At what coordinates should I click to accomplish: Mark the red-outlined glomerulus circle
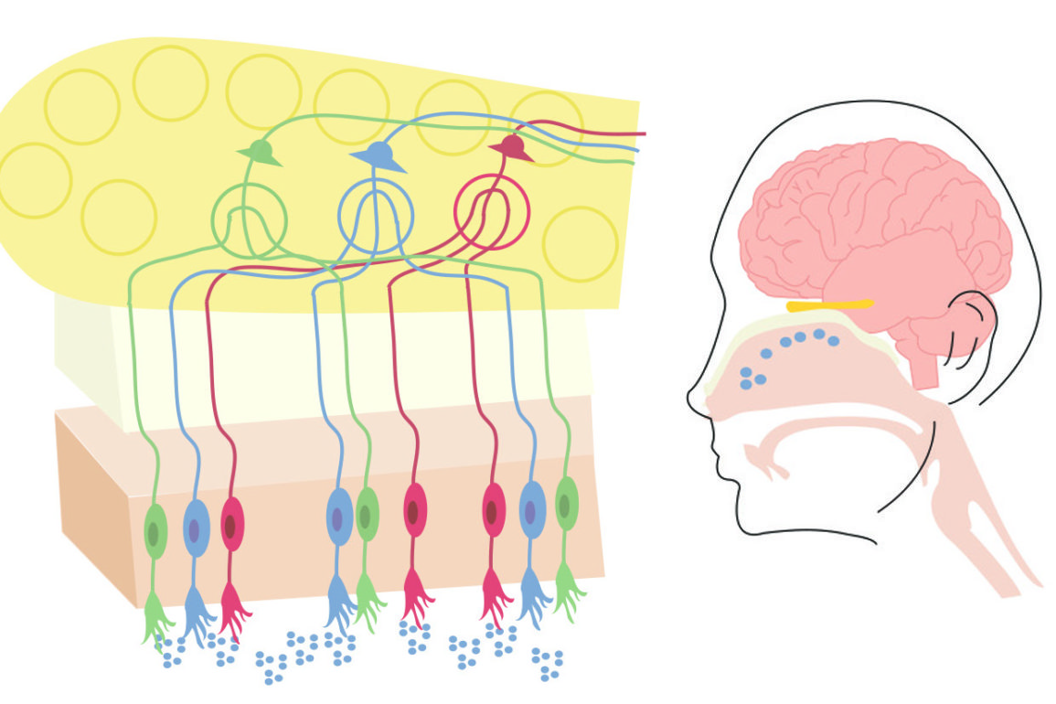491,213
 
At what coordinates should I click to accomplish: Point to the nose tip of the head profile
692,399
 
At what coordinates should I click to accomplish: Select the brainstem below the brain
924,366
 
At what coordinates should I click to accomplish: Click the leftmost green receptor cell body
155,530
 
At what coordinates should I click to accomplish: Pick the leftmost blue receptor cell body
196,527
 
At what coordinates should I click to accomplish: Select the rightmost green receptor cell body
567,503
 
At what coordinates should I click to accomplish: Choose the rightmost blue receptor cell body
531,507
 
